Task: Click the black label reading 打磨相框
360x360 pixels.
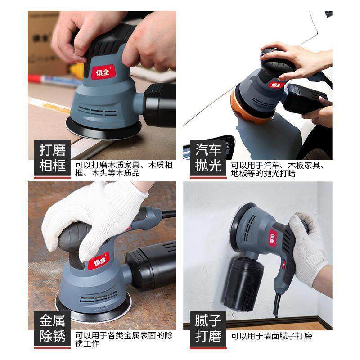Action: pyautogui.click(x=52, y=158)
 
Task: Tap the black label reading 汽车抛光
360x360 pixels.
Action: pyautogui.click(x=208, y=158)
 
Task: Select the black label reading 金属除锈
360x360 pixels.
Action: pyautogui.click(x=52, y=328)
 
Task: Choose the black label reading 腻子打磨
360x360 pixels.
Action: pyautogui.click(x=208, y=328)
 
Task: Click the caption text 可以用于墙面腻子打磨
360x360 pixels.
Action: pyautogui.click(x=271, y=336)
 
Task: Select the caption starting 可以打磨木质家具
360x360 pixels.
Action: pyautogui.click(x=124, y=169)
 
